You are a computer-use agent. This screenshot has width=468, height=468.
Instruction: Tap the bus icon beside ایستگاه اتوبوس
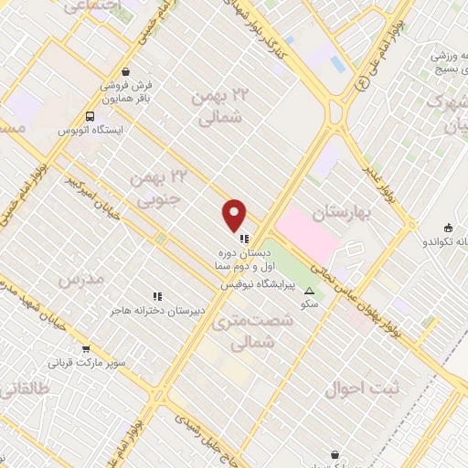tap(90, 116)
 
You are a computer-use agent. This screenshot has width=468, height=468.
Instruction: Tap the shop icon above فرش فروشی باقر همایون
tap(125, 71)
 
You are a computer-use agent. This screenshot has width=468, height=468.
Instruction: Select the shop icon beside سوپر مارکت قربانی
tap(86, 348)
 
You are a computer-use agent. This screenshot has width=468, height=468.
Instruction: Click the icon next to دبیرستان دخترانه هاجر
tap(158, 296)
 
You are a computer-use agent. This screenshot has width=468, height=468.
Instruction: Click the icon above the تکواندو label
tap(448, 228)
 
